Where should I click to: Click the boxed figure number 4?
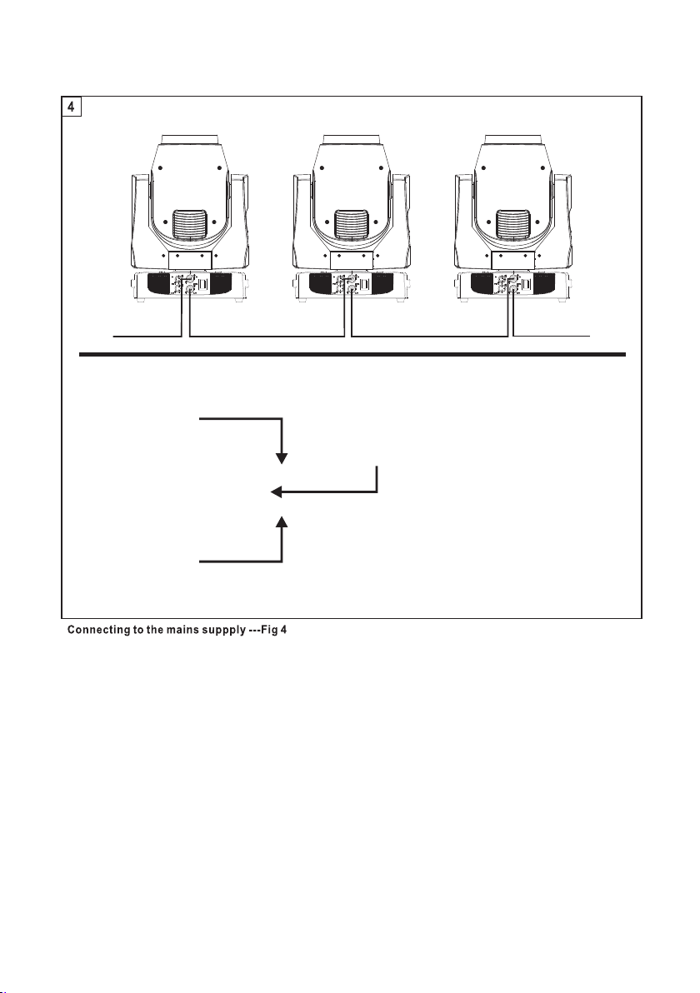point(71,107)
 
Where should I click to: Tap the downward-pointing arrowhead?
point(282,458)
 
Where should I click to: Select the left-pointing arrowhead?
point(276,492)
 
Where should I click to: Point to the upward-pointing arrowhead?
point(282,521)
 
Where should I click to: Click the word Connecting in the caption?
point(99,631)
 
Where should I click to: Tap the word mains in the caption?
point(181,631)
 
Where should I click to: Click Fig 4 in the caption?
point(273,631)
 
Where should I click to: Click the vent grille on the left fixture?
point(190,226)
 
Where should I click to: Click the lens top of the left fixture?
point(190,139)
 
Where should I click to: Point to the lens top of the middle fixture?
point(352,139)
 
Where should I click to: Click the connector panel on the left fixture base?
point(190,284)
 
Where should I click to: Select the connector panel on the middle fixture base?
point(352,284)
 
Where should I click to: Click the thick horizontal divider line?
point(352,355)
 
